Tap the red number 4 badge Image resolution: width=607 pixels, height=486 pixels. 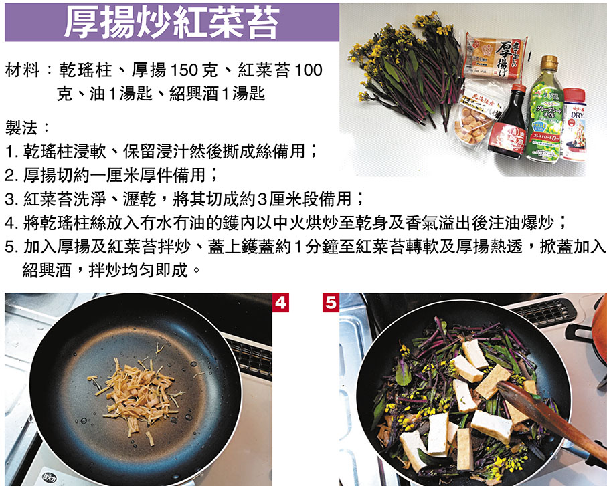click(x=280, y=303)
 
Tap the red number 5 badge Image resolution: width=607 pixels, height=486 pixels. click(x=331, y=303)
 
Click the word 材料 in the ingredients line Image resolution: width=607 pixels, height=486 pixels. click(x=23, y=70)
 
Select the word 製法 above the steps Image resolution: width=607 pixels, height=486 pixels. click(x=21, y=128)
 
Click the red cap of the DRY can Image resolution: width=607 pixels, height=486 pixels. click(x=574, y=96)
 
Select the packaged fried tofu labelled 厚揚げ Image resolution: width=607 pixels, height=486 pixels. click(x=495, y=57)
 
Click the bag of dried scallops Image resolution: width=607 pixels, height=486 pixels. click(x=475, y=116)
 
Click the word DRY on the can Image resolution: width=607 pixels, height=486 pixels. click(x=576, y=115)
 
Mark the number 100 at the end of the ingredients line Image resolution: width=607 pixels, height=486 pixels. click(x=309, y=70)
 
